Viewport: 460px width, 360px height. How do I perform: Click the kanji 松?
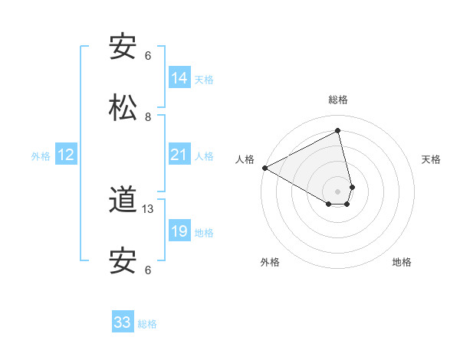pos(123,107)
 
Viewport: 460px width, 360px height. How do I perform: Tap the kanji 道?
pos(123,201)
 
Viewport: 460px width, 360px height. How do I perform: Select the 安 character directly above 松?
pos(123,47)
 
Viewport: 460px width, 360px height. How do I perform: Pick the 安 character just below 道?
pos(123,261)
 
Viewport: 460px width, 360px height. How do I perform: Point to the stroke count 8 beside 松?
pos(148,117)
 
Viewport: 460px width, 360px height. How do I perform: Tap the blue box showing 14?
pos(179,78)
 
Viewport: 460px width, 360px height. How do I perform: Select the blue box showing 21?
pos(179,155)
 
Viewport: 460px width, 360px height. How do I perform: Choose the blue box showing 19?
pos(179,231)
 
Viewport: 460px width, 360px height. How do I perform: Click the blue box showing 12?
pos(66,155)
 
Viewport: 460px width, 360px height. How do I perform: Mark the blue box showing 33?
pos(123,322)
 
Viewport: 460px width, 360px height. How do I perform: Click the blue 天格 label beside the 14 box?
pos(204,80)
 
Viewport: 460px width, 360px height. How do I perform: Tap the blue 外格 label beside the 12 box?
pos(41,156)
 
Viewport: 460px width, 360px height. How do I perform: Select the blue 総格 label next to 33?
pos(147,324)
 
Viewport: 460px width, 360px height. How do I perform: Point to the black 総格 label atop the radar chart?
pos(338,100)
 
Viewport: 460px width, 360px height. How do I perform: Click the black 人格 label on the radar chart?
pos(245,159)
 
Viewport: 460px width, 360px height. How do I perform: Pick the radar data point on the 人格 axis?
pos(264,168)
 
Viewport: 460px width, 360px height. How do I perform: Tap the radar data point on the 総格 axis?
pos(338,130)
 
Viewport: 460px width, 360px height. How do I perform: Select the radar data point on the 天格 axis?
pos(352,187)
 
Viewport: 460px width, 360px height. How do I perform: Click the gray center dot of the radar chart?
pos(338,191)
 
